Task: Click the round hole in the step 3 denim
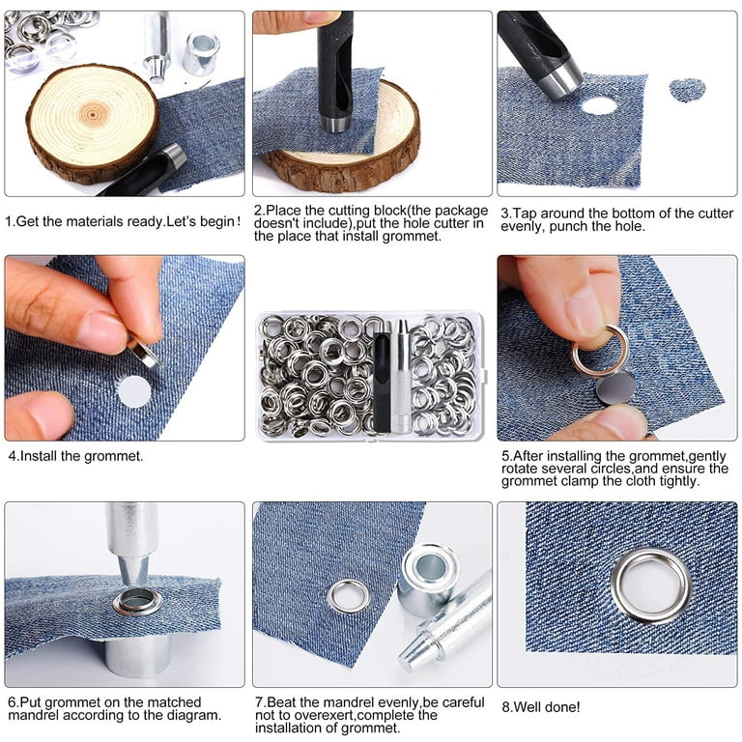599,105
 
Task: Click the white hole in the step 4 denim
134,391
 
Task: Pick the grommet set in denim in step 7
348,595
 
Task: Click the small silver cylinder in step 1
200,53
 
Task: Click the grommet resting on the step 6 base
136,602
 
